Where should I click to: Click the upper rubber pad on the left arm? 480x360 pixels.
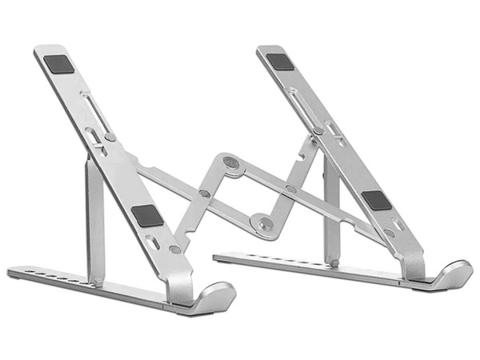point(60,64)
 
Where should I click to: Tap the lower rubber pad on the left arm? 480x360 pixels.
point(147,214)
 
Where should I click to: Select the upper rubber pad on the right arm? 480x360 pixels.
point(279,61)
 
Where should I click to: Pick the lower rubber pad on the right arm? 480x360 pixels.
point(375,200)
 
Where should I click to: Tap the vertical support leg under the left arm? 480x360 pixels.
point(95,216)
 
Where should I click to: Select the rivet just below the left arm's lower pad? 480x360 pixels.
point(174,249)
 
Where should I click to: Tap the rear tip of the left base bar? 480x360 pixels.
point(11,272)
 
